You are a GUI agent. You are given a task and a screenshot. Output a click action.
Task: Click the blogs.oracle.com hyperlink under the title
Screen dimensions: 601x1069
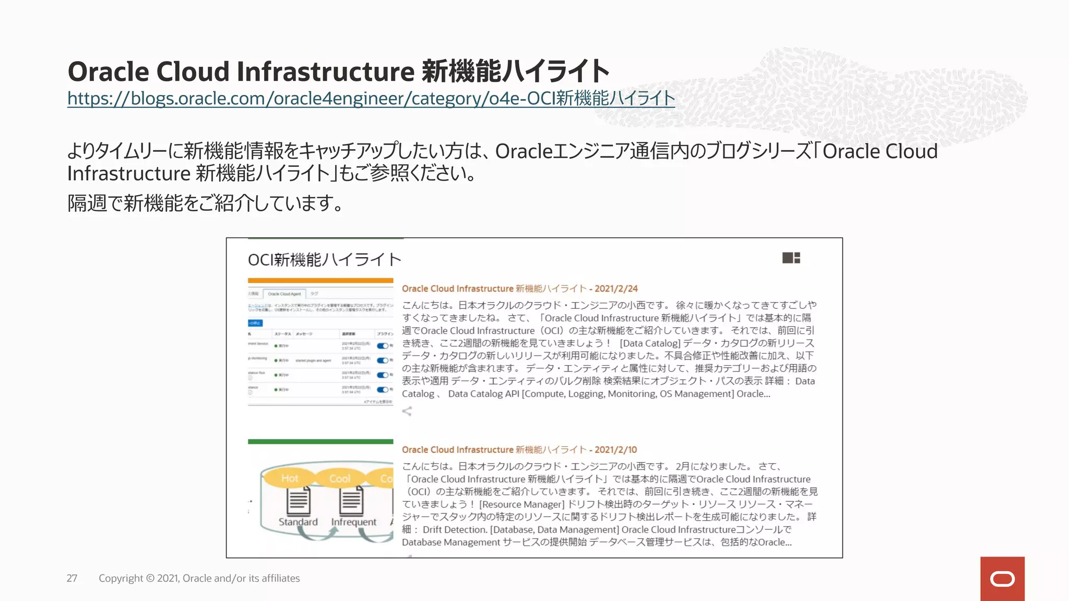tap(371, 98)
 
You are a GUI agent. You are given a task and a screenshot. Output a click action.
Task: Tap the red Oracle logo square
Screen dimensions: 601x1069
tap(1002, 579)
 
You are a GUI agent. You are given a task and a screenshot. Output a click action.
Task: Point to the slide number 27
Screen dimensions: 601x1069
tap(72, 578)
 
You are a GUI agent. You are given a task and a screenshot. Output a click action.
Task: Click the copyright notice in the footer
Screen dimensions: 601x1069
tap(199, 578)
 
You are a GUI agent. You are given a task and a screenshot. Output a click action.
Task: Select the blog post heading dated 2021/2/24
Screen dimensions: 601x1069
tap(519, 289)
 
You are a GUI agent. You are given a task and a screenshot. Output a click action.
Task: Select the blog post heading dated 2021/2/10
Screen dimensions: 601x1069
tap(519, 450)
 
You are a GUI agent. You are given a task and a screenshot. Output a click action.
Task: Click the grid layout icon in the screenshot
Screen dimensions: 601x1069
tap(791, 258)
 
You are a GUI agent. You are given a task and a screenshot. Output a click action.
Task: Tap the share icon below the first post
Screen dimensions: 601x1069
tap(407, 411)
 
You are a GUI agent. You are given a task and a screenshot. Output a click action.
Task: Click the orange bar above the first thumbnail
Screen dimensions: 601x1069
tap(320, 281)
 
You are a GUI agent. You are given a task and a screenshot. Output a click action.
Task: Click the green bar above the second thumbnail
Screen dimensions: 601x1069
tap(320, 441)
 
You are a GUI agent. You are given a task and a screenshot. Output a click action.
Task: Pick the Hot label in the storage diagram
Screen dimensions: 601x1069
tap(290, 478)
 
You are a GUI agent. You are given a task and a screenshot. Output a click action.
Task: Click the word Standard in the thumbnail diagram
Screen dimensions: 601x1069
tap(298, 522)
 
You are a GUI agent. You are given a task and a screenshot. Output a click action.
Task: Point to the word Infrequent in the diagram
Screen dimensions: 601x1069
tap(353, 522)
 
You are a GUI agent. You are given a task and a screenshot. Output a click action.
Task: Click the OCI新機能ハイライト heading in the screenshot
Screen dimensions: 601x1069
tap(324, 259)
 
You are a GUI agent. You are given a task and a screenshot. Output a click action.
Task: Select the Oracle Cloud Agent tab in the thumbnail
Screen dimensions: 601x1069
tap(284, 294)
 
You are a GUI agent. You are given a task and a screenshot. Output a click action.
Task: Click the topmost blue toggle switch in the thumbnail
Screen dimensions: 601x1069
tap(383, 346)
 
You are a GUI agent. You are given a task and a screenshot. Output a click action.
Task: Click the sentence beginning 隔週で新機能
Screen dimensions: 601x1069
tap(206, 203)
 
